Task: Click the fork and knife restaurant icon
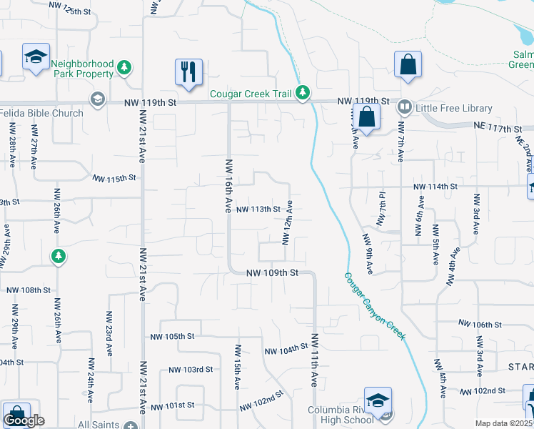pos(188,71)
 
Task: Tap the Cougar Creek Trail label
pos(252,93)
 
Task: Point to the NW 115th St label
pos(114,177)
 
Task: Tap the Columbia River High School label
pos(341,415)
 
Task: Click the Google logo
pos(24,420)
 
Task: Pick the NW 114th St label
pos(433,187)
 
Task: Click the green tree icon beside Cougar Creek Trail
pos(303,92)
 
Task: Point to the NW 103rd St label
pos(191,370)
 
